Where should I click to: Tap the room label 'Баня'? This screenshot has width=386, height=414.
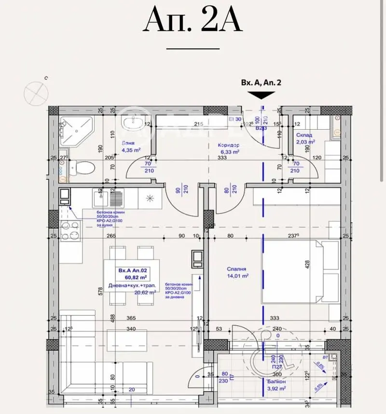tap(128, 143)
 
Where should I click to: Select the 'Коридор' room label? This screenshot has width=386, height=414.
tap(229, 145)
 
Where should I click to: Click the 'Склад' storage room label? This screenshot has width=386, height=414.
tap(304, 135)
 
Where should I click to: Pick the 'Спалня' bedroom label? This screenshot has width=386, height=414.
tap(237, 269)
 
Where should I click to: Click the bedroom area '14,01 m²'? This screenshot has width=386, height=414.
tap(238, 276)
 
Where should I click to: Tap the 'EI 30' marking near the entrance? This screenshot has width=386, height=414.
tap(234, 119)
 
